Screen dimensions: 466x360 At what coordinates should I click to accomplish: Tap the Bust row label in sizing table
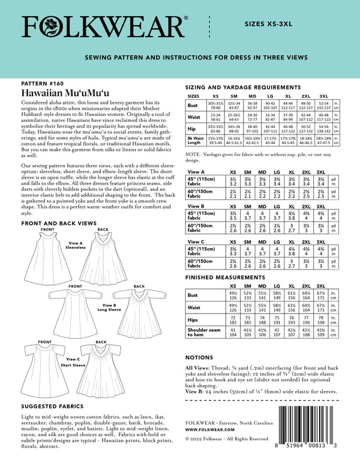point(193,106)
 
